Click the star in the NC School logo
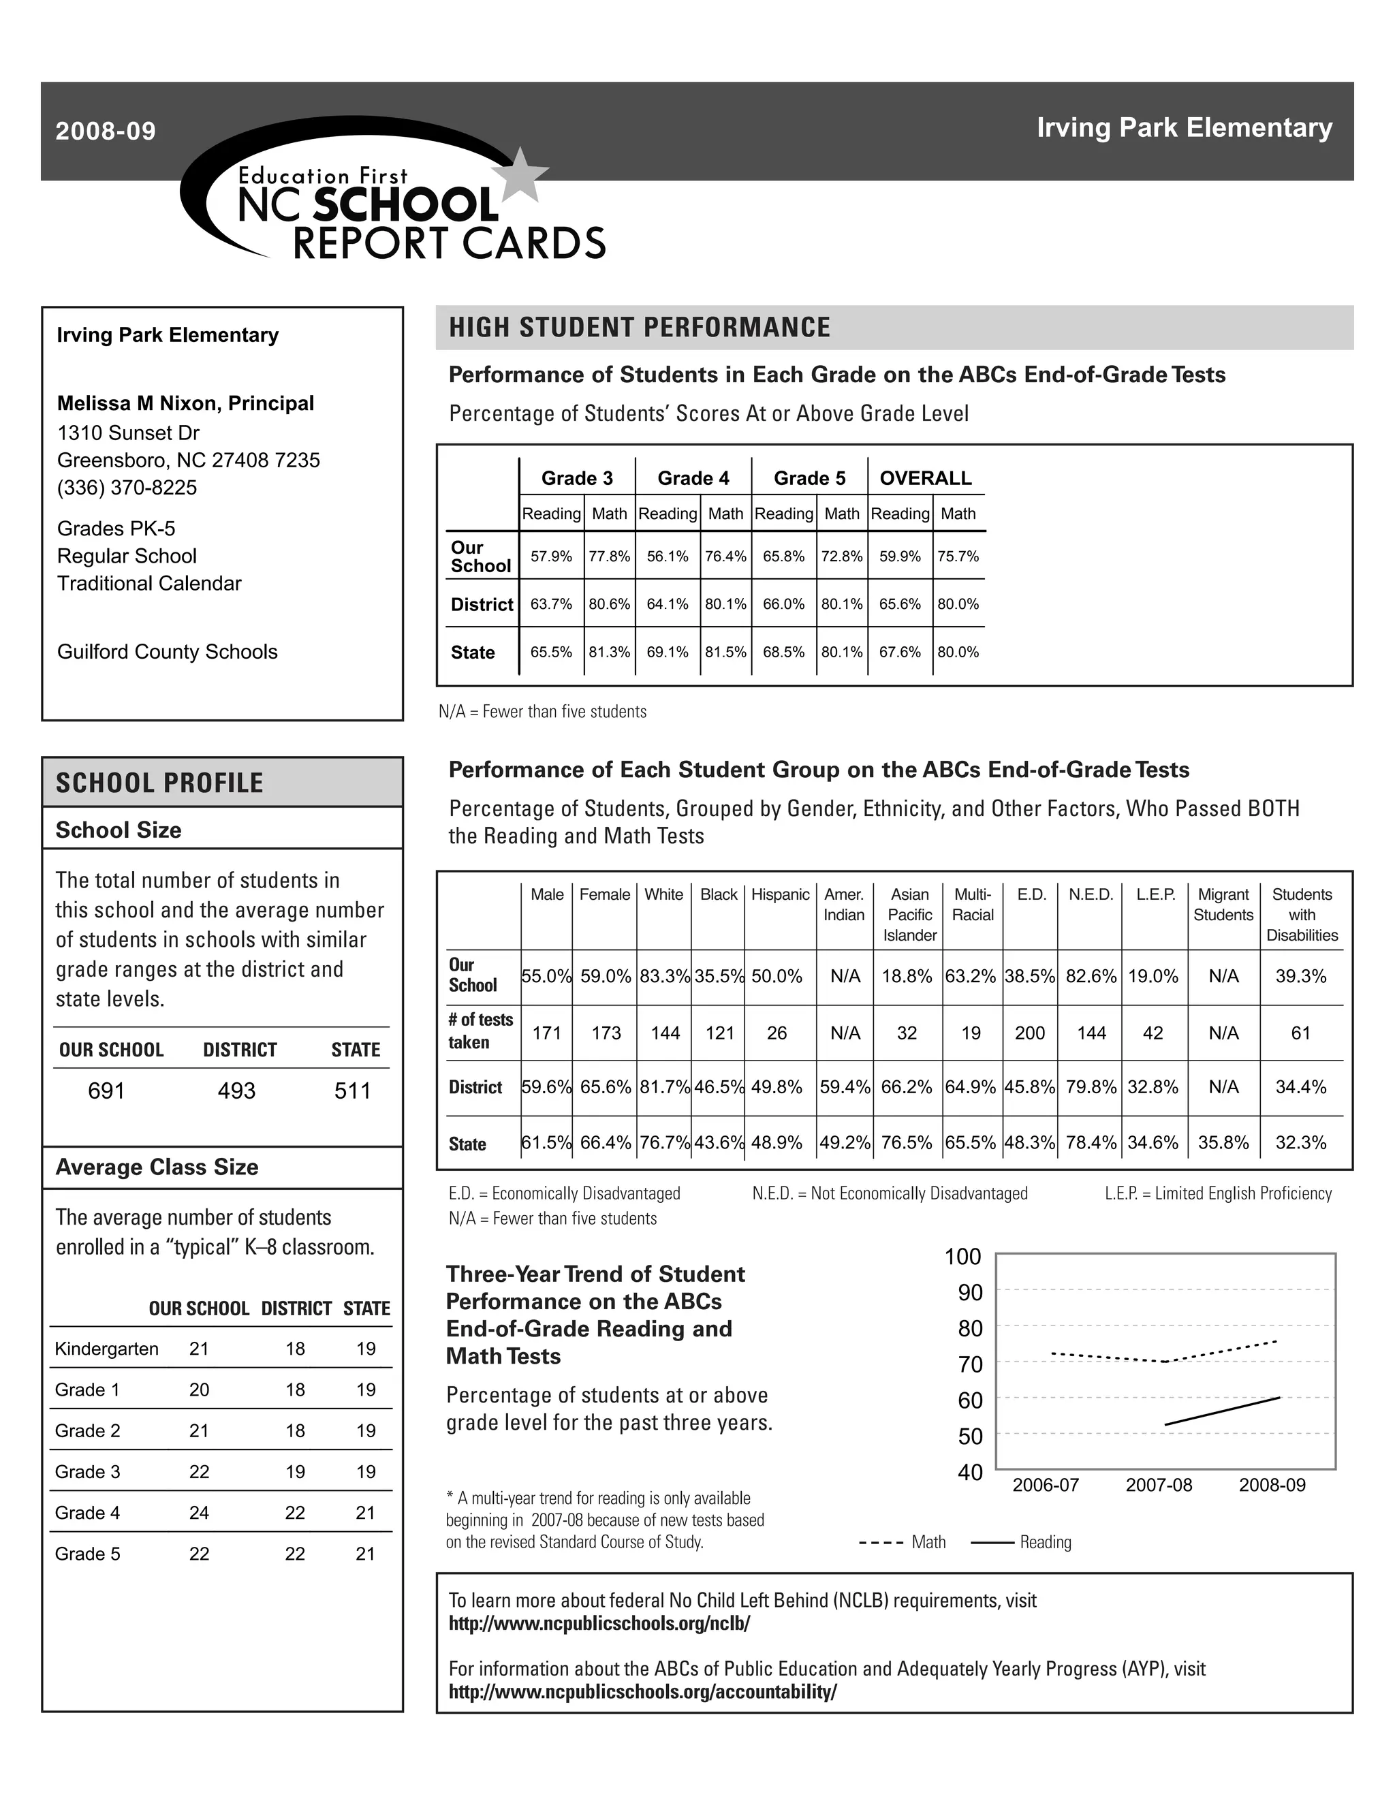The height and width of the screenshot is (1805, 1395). click(520, 174)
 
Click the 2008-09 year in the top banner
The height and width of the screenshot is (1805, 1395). click(106, 131)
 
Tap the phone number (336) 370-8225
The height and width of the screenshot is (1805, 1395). click(127, 488)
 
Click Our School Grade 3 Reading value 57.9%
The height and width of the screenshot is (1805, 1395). click(551, 556)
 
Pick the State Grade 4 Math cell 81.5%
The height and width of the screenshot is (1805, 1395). click(725, 652)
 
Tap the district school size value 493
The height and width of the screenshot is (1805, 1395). click(236, 1091)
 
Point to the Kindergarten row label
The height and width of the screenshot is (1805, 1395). click(107, 1349)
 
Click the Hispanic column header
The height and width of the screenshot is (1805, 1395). click(780, 894)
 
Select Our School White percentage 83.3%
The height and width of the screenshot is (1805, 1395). click(663, 976)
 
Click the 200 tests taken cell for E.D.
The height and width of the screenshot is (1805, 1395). click(1030, 1033)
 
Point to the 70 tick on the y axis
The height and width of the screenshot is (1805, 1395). click(970, 1364)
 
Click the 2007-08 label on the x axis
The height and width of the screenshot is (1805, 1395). click(1159, 1485)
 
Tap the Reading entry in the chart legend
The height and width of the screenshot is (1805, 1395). click(1045, 1542)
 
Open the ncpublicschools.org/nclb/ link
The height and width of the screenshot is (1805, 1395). click(599, 1623)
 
